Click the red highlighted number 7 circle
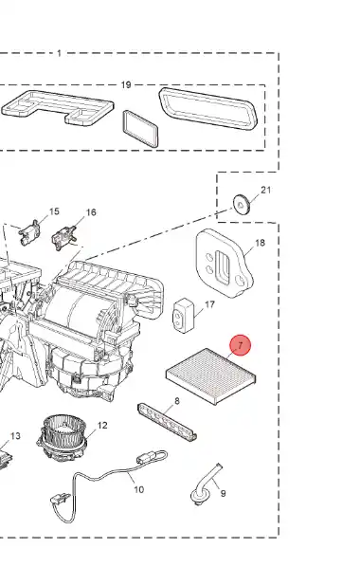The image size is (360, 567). tap(241, 345)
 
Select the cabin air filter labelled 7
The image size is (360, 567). tap(210, 376)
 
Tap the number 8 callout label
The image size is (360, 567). tap(177, 401)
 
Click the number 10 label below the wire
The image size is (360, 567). tap(139, 489)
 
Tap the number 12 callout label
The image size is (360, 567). tap(102, 425)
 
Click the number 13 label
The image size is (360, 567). tap(15, 436)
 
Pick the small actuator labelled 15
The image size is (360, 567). tap(29, 233)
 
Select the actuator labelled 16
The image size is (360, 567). tap(64, 238)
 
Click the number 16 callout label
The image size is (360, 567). tap(91, 212)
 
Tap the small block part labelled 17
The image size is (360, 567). tap(184, 316)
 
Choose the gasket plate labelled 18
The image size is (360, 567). tap(225, 263)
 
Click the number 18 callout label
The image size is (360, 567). tap(261, 243)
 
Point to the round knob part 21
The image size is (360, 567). tap(242, 205)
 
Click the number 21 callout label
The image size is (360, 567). tap(265, 190)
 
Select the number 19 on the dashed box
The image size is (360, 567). tap(126, 85)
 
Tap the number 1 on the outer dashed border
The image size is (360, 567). tap(60, 53)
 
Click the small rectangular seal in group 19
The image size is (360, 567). tap(140, 129)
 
